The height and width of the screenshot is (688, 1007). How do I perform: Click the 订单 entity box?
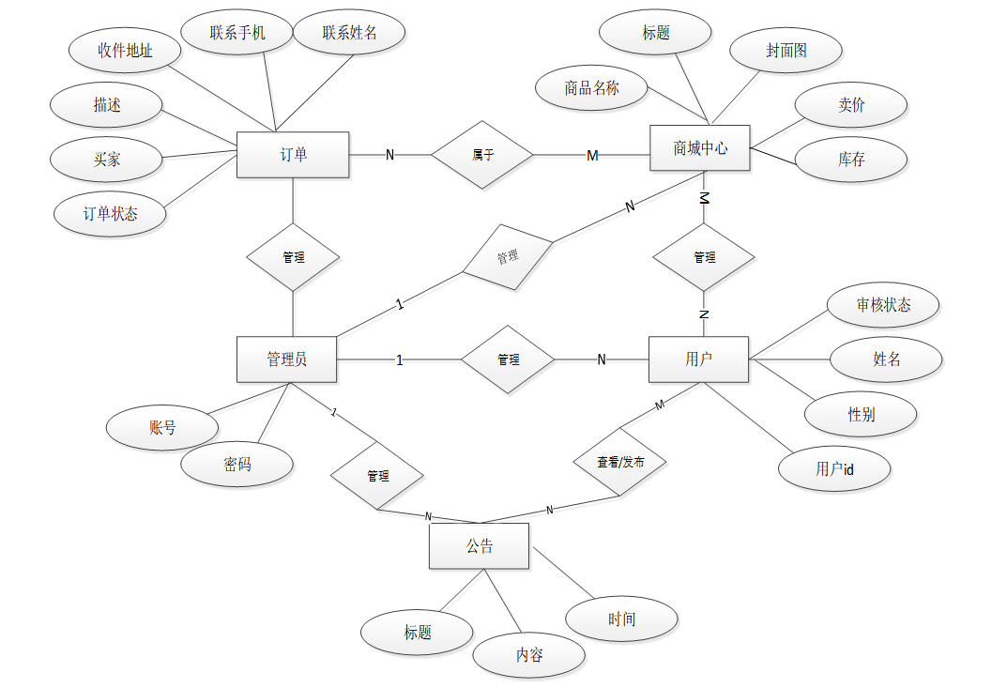click(293, 155)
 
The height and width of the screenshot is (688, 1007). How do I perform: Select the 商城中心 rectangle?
click(700, 148)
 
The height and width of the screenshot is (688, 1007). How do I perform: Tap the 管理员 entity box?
click(286, 359)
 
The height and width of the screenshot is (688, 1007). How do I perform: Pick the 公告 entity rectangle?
click(479, 546)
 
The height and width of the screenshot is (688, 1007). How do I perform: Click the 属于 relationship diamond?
click(482, 155)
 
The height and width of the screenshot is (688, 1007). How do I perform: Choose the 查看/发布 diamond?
click(620, 462)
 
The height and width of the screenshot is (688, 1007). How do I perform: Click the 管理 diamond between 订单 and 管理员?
click(293, 256)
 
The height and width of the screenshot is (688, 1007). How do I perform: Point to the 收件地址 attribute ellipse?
click(125, 51)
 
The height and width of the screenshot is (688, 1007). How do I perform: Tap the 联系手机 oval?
click(236, 33)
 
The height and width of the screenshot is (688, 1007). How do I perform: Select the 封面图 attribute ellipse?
click(786, 51)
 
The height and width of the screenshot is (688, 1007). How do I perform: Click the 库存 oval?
click(851, 160)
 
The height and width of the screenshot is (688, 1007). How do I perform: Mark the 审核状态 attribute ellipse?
click(883, 305)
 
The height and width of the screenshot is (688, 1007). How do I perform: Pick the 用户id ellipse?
click(834, 469)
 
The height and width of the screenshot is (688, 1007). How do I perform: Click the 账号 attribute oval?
click(162, 428)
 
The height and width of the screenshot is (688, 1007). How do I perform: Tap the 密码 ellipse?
click(236, 465)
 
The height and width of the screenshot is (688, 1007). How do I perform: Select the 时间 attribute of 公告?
click(621, 619)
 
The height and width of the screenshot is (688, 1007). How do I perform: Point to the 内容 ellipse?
click(528, 655)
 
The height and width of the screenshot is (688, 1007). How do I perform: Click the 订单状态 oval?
click(111, 214)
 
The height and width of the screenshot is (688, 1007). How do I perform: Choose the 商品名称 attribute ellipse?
click(591, 88)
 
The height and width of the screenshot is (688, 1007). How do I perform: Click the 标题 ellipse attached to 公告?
click(418, 633)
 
